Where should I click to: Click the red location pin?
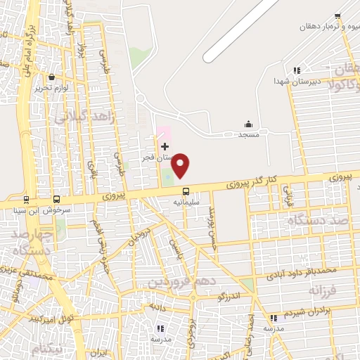181,165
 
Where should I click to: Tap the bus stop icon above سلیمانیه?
186,191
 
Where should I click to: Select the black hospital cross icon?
165,146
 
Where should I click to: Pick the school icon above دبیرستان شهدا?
297,70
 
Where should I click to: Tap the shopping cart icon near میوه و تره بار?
337,16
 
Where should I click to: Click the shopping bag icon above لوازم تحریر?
52,78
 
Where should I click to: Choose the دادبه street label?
156,307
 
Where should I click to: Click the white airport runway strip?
239,28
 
